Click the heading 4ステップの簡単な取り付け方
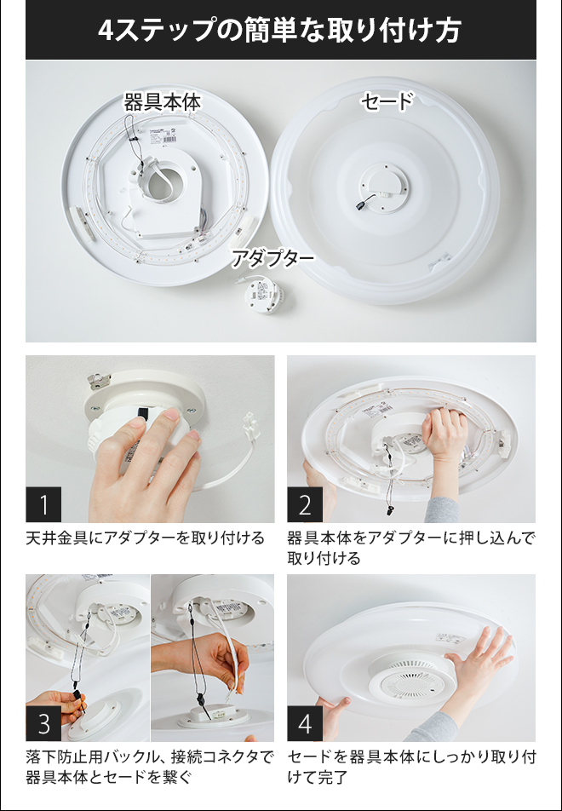tap(279, 31)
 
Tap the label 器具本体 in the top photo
tap(162, 102)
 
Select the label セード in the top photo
tap(387, 101)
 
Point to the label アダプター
tap(272, 258)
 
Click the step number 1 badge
tap(43, 504)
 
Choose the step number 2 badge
tap(305, 504)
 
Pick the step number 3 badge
tap(43, 723)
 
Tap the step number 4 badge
tap(305, 723)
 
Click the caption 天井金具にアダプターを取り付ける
tap(146, 538)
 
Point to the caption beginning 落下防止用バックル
tap(150, 768)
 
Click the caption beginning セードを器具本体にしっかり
tap(411, 768)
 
